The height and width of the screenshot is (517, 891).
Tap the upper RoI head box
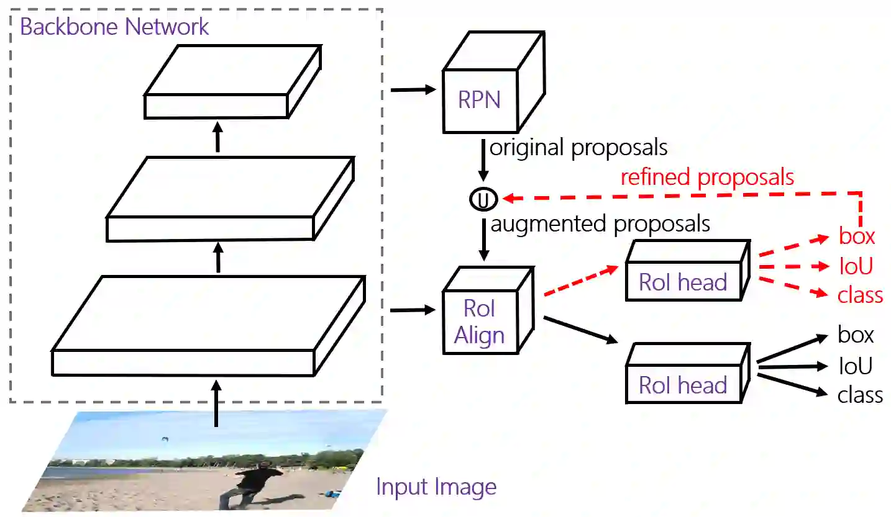pyautogui.click(x=683, y=279)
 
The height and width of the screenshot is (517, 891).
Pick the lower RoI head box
pyautogui.click(x=683, y=382)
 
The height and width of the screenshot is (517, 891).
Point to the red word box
pyautogui.click(x=856, y=236)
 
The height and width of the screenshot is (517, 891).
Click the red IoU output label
pyautogui.click(x=856, y=266)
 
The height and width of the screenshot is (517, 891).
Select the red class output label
pyautogui.click(x=860, y=295)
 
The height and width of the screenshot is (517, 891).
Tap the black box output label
pyautogui.click(x=856, y=335)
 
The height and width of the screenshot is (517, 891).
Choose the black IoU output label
pyautogui.click(x=855, y=366)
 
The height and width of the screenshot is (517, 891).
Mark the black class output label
pyautogui.click(x=860, y=395)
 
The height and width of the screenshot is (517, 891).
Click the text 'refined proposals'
pyautogui.click(x=707, y=178)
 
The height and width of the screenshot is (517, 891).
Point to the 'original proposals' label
pyautogui.click(x=578, y=148)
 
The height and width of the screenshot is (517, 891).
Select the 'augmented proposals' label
pyautogui.click(x=600, y=223)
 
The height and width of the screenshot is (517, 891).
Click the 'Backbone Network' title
pyautogui.click(x=115, y=27)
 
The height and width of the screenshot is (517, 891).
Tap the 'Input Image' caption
pyautogui.click(x=436, y=487)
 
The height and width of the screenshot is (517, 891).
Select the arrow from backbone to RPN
pyautogui.click(x=413, y=91)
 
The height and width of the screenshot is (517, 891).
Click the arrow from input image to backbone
pyautogui.click(x=216, y=403)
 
